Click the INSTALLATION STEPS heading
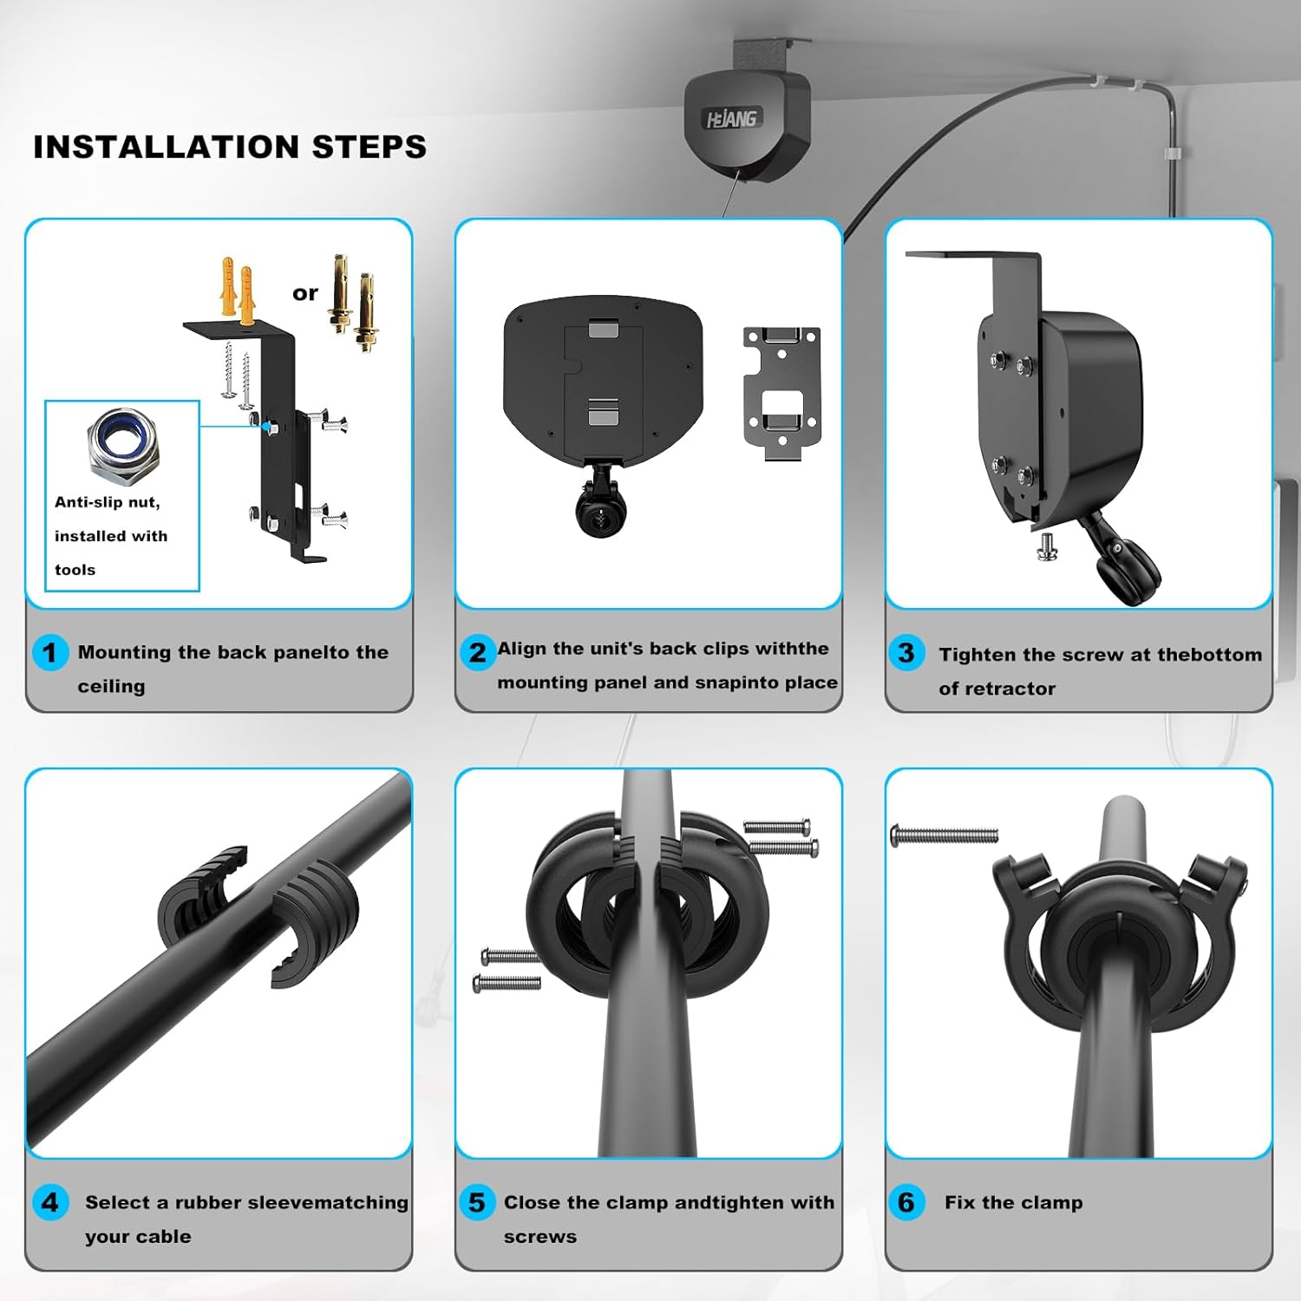[x=230, y=147]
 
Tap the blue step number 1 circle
[x=49, y=652]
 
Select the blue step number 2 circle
[x=478, y=652]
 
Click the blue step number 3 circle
[x=906, y=652]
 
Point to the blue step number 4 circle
[x=49, y=1203]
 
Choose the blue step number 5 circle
[x=477, y=1203]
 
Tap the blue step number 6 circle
[x=906, y=1203]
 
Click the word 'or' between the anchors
[x=305, y=293]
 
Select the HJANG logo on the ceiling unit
[x=731, y=119]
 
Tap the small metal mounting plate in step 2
[x=781, y=390]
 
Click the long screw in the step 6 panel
[x=945, y=836]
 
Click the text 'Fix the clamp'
[x=1013, y=1203]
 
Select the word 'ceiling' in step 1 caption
[x=111, y=686]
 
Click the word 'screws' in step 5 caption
[x=539, y=1237]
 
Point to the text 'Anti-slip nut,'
[x=107, y=502]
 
